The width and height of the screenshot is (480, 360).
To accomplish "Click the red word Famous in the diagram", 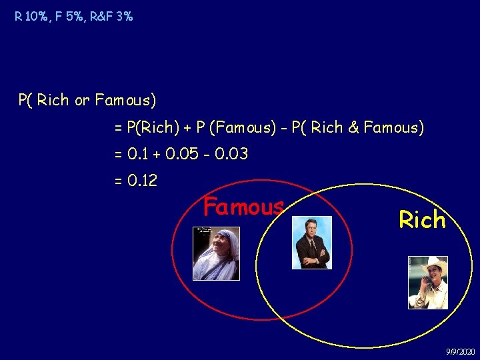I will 243,207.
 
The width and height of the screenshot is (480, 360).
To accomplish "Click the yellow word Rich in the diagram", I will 422,219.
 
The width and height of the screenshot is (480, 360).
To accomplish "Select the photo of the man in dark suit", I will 313,243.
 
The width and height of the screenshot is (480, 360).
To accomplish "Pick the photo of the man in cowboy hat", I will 428,282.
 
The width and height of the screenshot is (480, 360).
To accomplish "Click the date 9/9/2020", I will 460,351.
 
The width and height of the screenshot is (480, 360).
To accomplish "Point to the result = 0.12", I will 136,181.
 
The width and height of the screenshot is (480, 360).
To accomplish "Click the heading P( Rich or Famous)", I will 87,101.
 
